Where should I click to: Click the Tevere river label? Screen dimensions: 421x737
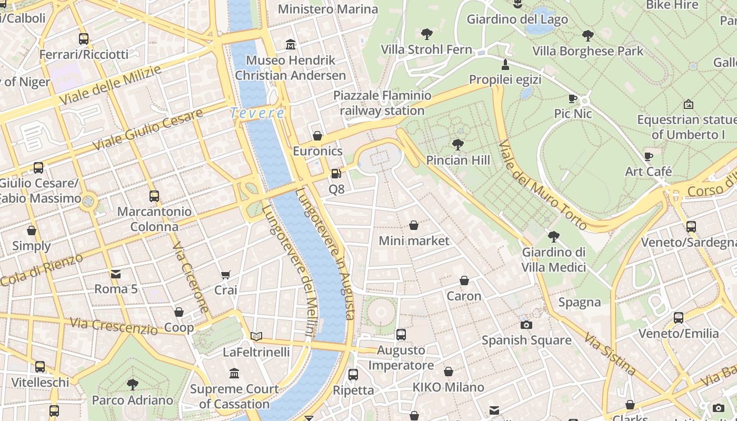pos(257,113)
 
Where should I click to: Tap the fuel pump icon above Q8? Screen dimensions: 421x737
pos(335,173)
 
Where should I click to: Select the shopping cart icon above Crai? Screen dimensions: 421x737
pos(226,274)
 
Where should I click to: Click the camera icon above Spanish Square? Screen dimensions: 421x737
pos(526,325)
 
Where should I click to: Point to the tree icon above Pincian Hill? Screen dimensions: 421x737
pos(458,144)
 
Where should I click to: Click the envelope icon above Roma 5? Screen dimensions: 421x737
pos(116,274)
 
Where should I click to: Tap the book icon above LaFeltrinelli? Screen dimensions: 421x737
pos(256,336)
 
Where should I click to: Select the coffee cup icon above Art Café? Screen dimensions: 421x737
pos(649,156)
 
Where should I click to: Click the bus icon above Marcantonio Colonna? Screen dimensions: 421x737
pos(154,196)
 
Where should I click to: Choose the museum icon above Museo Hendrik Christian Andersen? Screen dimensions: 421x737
pos(291,45)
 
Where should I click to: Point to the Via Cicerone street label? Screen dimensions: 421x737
pos(191,277)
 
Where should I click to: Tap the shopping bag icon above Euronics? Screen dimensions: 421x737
pos(317,136)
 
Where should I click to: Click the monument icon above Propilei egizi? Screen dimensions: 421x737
pos(505,65)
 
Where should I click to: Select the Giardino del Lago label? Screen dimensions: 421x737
pos(517,19)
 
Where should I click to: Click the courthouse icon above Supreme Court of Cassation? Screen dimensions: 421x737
pos(234,374)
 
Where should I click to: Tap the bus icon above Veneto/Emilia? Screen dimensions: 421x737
pos(679,318)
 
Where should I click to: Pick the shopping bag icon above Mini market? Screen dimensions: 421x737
pos(414,225)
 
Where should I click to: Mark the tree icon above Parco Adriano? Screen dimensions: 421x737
pos(133,385)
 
